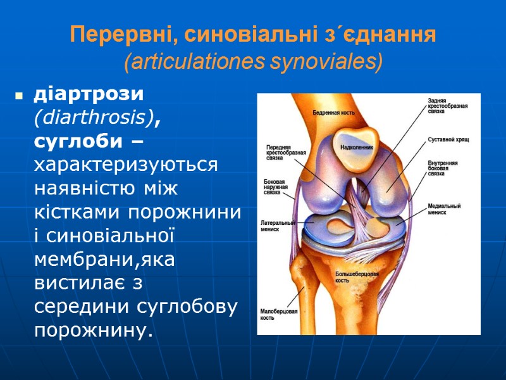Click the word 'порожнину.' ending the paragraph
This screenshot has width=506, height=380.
(94, 330)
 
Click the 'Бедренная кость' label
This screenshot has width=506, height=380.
(333, 113)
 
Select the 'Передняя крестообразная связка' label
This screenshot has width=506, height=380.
(286, 153)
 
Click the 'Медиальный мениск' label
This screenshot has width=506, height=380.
(444, 209)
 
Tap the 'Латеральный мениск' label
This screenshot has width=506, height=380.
(278, 226)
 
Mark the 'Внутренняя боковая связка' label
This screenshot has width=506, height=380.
(443, 168)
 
